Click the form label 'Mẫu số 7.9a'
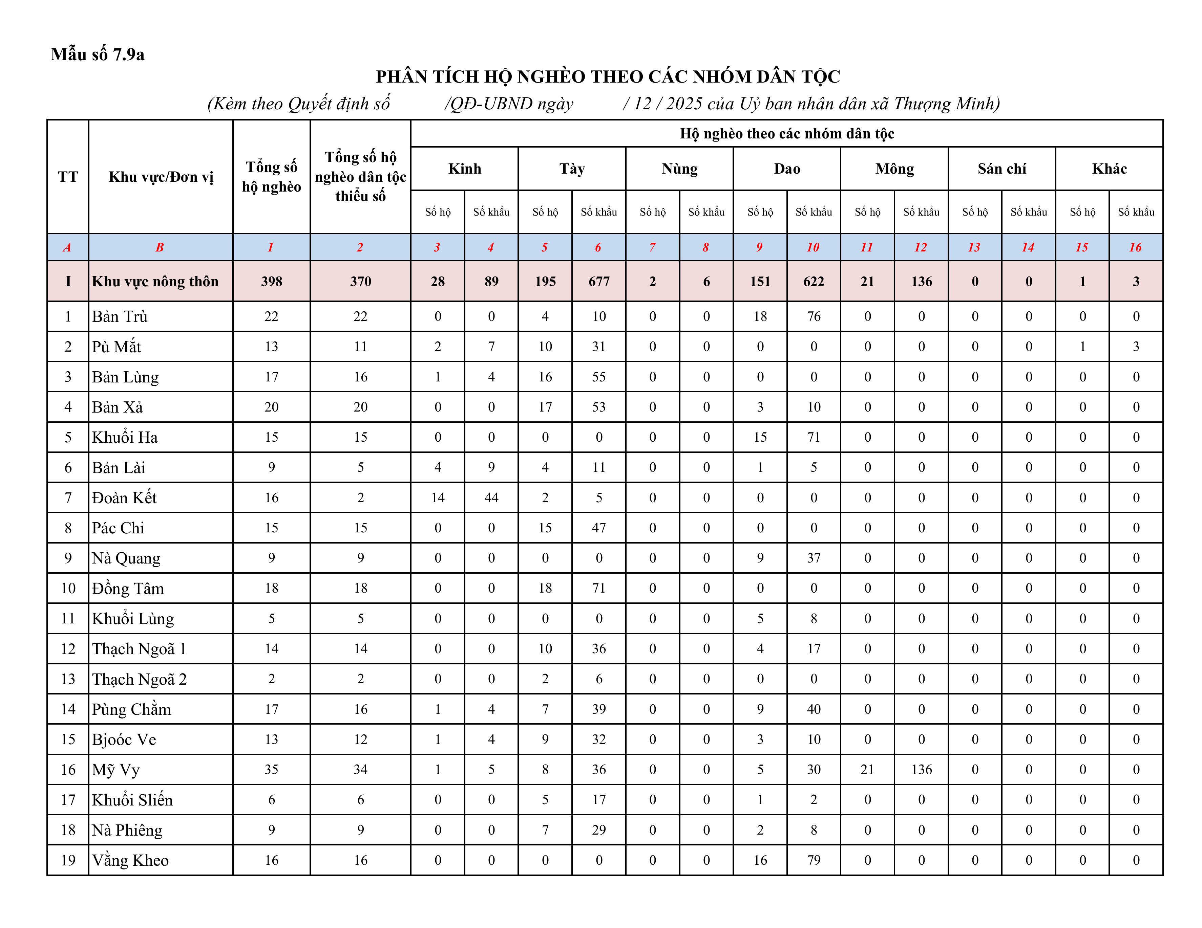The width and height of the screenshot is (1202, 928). (x=98, y=54)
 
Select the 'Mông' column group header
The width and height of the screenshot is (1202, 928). (x=894, y=169)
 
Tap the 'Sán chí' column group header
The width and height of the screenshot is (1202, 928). (x=1002, y=169)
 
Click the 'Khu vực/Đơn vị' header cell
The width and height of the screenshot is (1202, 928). (x=161, y=177)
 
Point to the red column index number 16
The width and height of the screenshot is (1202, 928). (x=1135, y=247)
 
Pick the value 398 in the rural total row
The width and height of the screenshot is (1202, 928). (x=271, y=282)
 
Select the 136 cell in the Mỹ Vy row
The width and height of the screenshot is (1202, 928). (x=921, y=770)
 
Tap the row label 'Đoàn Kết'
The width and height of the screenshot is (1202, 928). (x=124, y=498)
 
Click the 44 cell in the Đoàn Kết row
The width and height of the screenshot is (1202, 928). (x=491, y=498)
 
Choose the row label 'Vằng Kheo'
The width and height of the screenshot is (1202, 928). (x=130, y=860)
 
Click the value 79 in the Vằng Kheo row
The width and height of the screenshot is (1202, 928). (x=814, y=860)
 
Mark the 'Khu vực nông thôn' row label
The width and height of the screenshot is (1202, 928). (x=155, y=282)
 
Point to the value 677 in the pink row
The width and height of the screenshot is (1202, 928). (x=599, y=282)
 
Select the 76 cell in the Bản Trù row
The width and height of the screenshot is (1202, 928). (x=814, y=316)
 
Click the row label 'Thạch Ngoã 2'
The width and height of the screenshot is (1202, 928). (x=139, y=679)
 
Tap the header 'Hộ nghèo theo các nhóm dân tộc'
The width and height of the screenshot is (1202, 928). (x=786, y=134)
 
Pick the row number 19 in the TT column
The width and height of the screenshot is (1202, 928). (x=68, y=860)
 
